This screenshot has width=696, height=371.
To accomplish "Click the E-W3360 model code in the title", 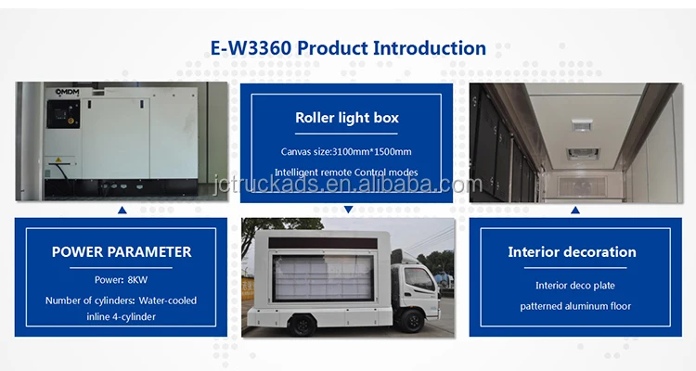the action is (251, 48).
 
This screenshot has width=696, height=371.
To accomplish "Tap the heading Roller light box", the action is (347, 118).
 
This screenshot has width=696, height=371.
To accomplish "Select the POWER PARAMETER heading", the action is (122, 252).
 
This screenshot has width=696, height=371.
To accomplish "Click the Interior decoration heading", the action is (572, 252).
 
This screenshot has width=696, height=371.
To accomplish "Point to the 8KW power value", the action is (137, 280).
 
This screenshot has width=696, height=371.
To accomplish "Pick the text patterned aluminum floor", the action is (575, 306).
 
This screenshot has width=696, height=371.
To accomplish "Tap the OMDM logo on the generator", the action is (67, 93).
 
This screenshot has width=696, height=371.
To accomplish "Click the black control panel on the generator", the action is (63, 114).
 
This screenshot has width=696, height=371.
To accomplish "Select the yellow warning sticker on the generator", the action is (58, 160).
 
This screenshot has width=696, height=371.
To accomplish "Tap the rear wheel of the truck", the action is (302, 325).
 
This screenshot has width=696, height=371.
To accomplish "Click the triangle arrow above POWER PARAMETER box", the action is (122, 211).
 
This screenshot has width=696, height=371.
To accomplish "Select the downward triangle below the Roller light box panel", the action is (348, 210).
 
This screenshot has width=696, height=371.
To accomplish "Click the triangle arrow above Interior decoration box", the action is (575, 210).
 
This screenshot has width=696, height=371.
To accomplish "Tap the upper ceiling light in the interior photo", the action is (582, 124).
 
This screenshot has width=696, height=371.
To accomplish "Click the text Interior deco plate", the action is (575, 286).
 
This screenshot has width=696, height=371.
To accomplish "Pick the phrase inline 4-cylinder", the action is (122, 317).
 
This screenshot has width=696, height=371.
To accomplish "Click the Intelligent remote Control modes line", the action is (346, 173).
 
